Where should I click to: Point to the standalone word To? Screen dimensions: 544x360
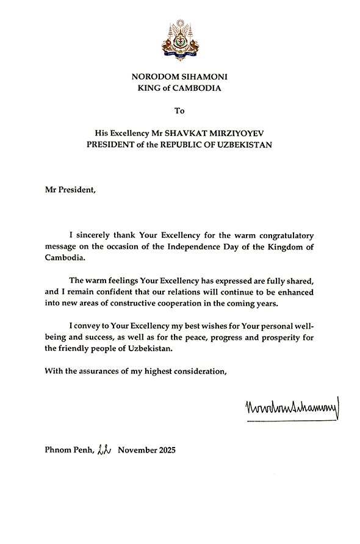pyautogui.click(x=179, y=111)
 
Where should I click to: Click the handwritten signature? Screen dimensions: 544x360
pyautogui.click(x=290, y=406)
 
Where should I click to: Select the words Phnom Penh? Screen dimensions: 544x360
pyautogui.click(x=67, y=451)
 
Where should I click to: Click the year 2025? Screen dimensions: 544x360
pyautogui.click(x=164, y=451)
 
